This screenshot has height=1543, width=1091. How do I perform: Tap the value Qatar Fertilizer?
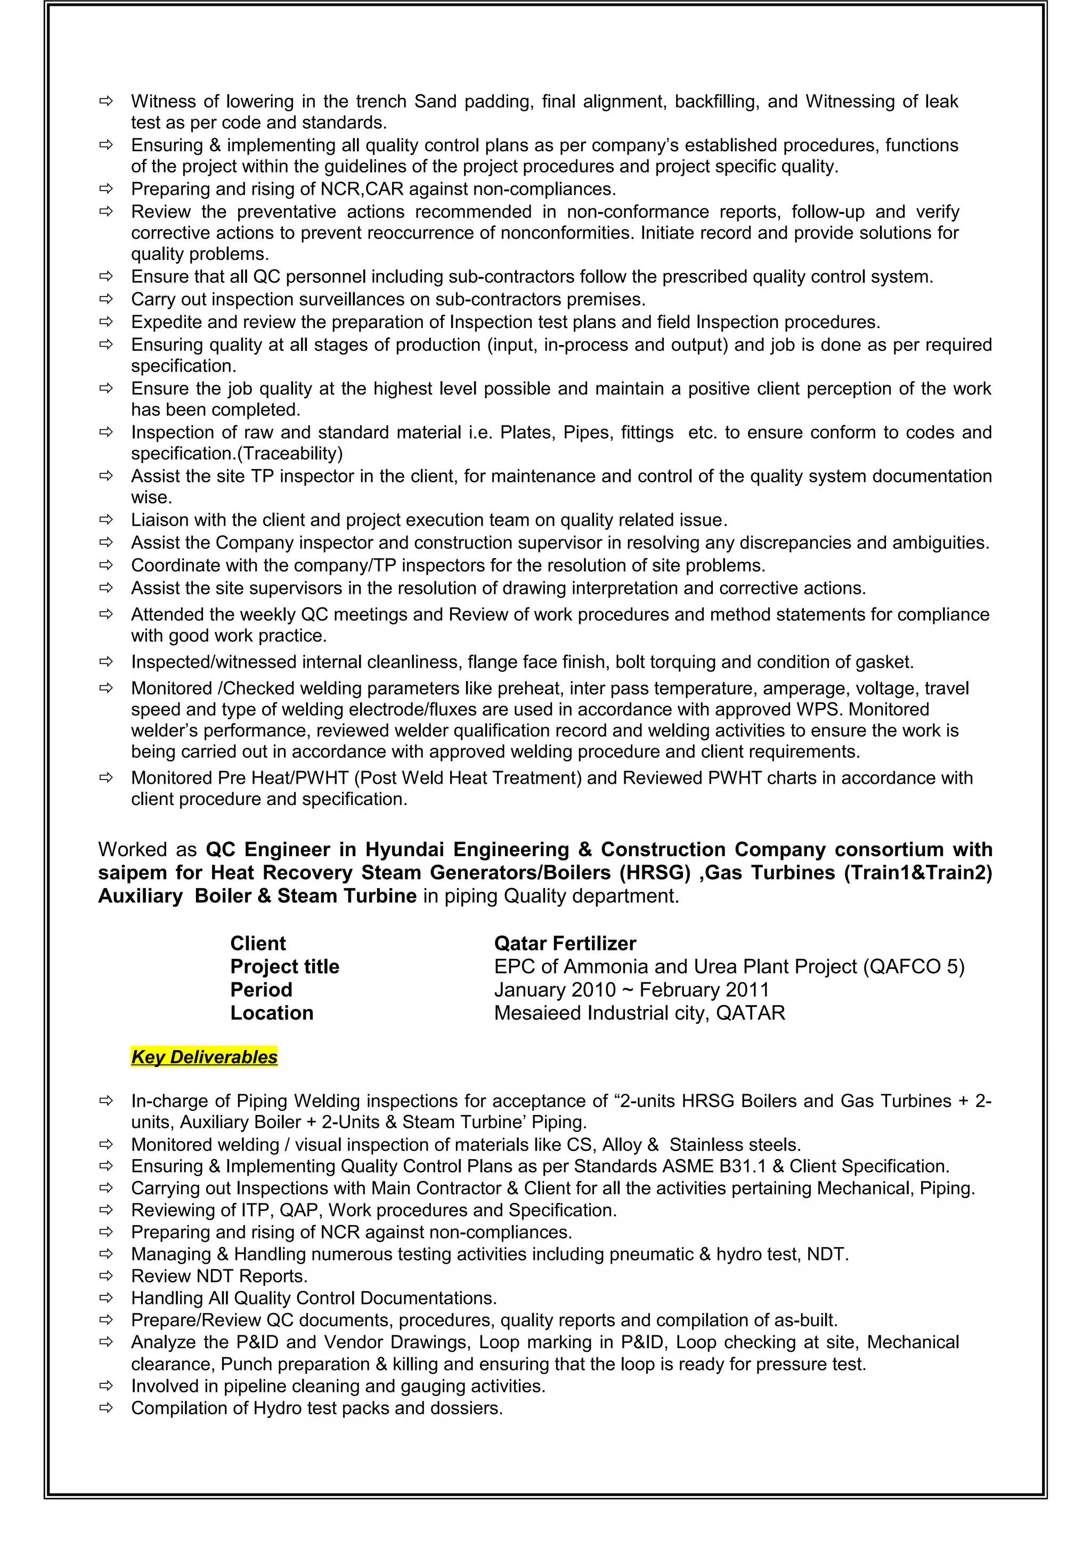click(565, 943)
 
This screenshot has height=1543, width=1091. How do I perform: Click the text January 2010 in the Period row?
click(555, 990)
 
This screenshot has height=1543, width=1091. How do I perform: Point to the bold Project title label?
click(284, 966)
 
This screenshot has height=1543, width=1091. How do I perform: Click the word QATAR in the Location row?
click(750, 1013)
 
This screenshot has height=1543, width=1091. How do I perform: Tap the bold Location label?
click(272, 1013)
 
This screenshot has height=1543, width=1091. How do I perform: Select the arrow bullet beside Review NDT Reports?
click(105, 1276)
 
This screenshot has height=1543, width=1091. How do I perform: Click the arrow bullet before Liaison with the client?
click(105, 520)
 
